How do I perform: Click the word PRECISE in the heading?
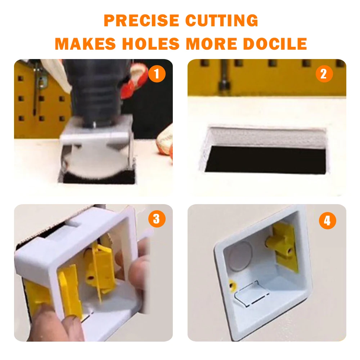coord(141,21)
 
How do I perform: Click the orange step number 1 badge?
coord(157,74)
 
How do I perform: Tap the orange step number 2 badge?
coord(324,74)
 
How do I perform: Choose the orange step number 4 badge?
coord(327,220)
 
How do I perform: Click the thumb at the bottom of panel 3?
coord(50,322)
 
